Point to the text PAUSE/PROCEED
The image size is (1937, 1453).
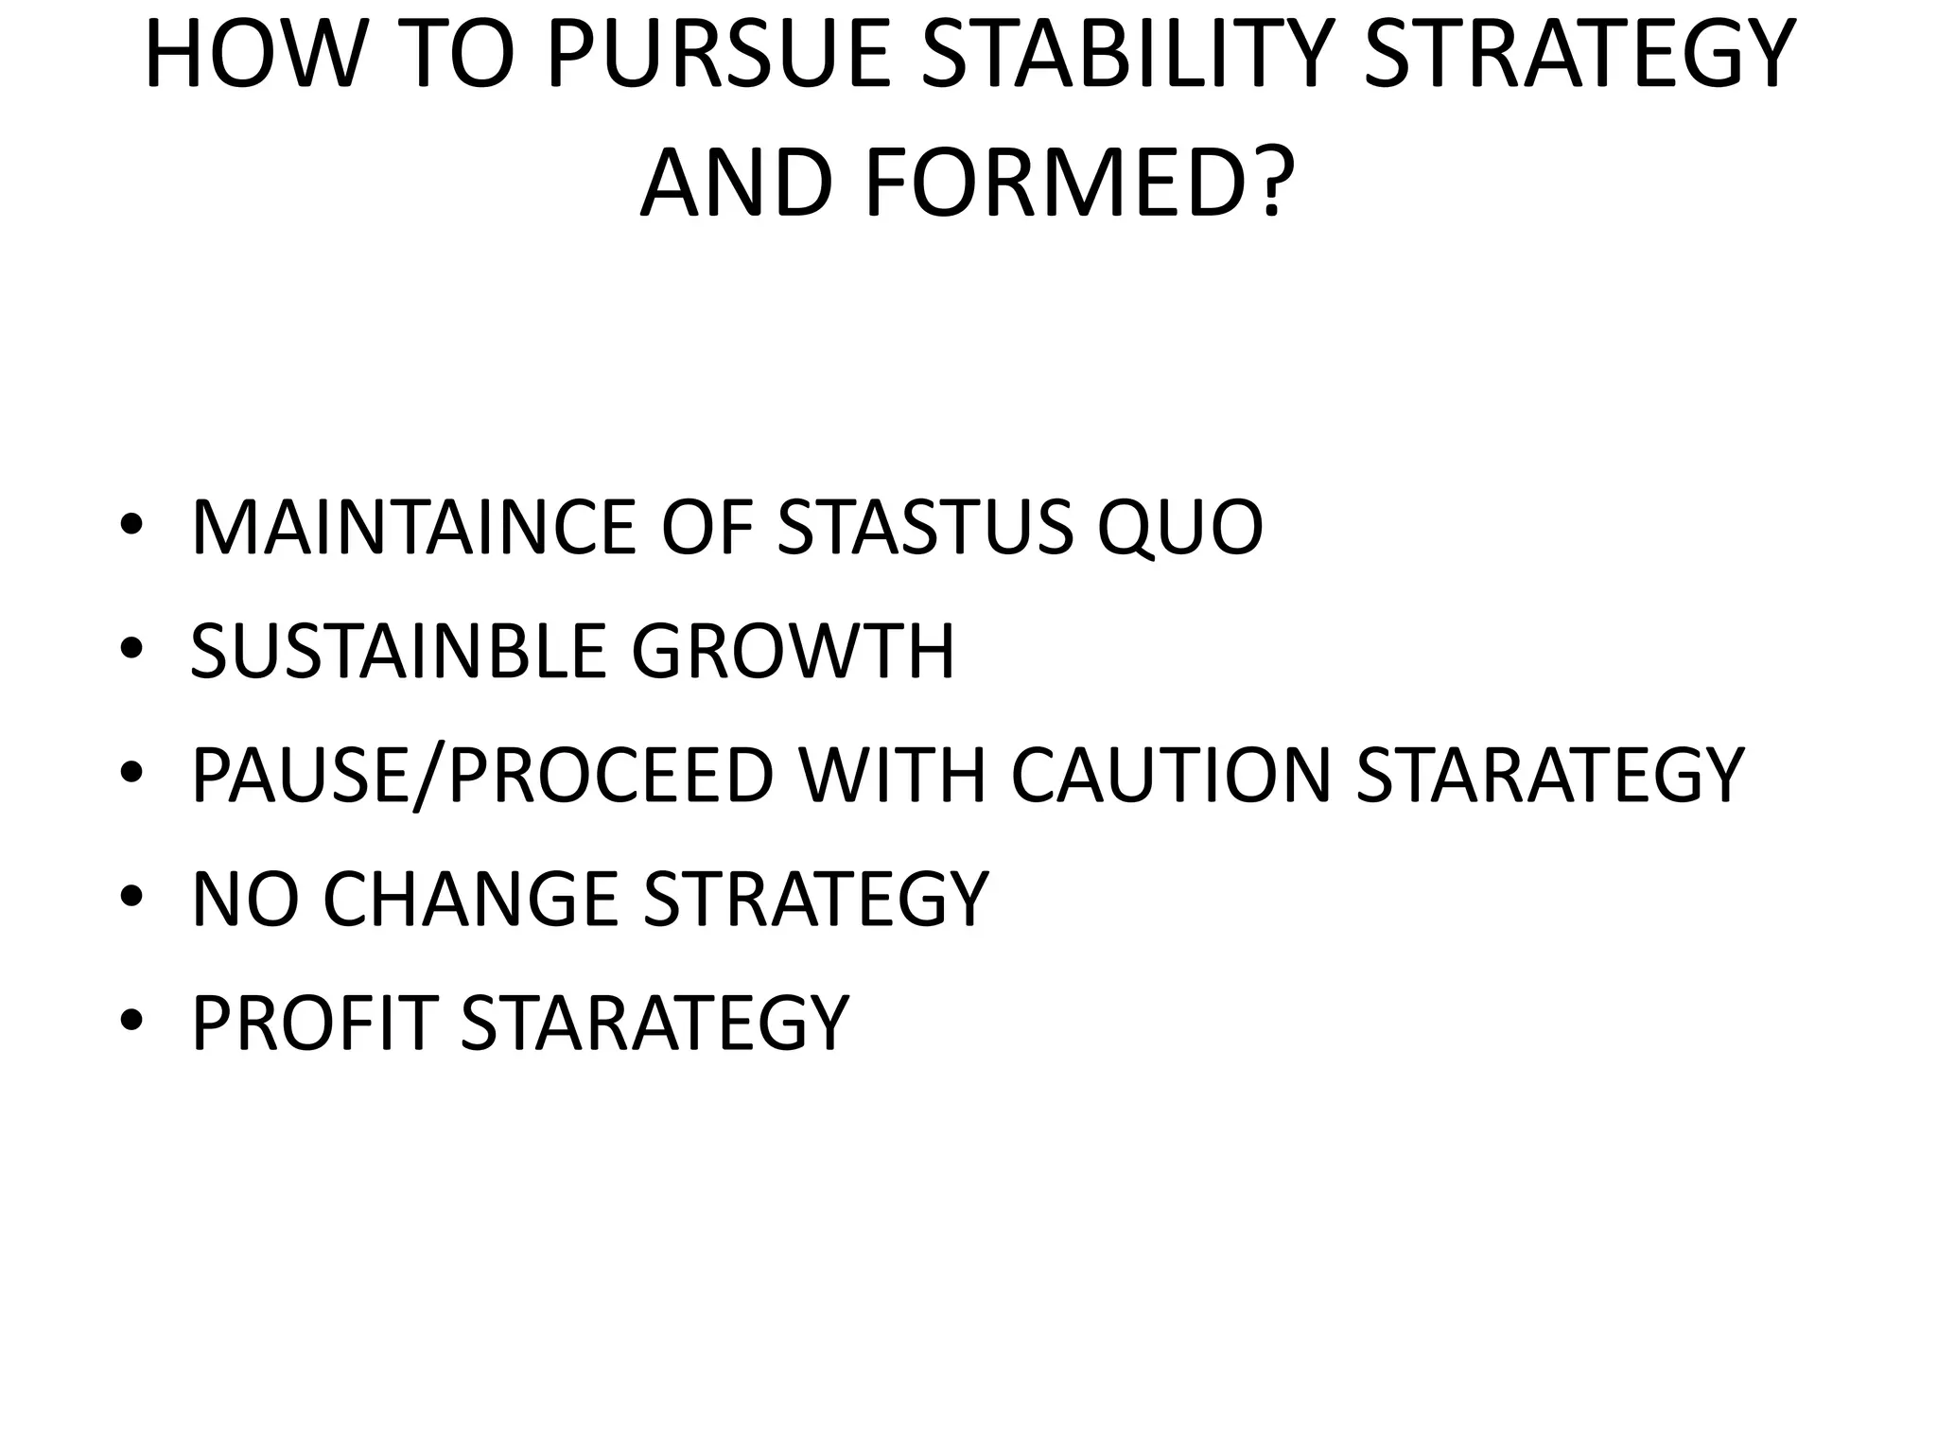pos(483,775)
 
